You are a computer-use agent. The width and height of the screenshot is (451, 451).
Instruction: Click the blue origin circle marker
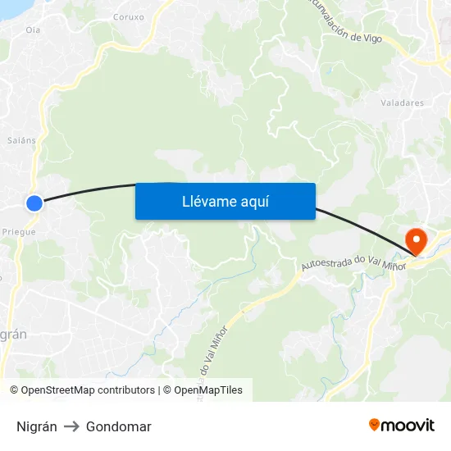[x=34, y=203]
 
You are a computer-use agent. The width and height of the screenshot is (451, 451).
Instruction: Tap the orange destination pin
[x=417, y=240]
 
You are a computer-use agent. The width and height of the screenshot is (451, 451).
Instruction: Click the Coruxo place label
[x=129, y=16]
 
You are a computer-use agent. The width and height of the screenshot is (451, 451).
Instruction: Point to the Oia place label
[x=33, y=30]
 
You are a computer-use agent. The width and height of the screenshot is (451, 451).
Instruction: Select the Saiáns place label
[x=21, y=140]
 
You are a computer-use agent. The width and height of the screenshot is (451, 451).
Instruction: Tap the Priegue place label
[x=19, y=232]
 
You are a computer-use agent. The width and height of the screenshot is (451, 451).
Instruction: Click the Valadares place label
[x=402, y=103]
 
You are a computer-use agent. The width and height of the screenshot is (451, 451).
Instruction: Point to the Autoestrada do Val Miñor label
[x=353, y=263]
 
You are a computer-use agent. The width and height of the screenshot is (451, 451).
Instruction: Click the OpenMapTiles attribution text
[x=208, y=390]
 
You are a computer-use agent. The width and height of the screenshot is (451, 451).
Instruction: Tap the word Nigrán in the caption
[x=37, y=426]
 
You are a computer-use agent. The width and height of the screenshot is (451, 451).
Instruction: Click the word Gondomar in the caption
[x=118, y=426]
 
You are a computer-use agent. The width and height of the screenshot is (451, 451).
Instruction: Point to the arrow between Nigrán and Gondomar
[x=71, y=426]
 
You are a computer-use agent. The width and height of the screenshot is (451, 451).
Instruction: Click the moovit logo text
[x=408, y=425]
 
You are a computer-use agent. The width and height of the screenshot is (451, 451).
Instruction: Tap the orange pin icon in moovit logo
[x=375, y=425]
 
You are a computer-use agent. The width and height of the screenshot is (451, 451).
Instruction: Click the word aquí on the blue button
[x=253, y=202]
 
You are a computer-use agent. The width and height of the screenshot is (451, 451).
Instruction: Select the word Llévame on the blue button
[x=208, y=202]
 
